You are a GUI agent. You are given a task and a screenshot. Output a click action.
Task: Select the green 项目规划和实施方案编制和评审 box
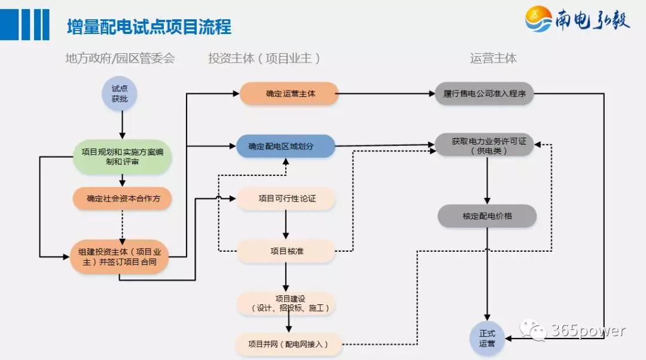(x=123, y=157)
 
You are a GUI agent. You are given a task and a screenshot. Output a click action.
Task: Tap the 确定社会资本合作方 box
(x=123, y=199)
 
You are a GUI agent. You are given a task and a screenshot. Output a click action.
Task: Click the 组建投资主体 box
(x=119, y=257)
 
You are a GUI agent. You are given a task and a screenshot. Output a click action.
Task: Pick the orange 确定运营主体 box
(x=290, y=94)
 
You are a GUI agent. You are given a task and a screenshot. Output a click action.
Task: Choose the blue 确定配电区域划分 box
(x=285, y=146)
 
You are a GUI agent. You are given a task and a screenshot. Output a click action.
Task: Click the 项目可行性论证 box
(x=286, y=199)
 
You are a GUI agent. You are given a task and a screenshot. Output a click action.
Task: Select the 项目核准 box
(x=286, y=251)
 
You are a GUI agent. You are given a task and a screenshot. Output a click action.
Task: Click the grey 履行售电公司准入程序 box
(x=484, y=94)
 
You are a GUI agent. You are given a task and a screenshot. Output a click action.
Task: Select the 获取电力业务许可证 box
(x=484, y=145)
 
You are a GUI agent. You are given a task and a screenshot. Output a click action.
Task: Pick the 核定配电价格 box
(x=487, y=216)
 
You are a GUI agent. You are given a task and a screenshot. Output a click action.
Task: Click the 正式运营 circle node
(x=487, y=338)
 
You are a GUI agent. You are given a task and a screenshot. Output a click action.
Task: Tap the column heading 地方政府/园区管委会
(x=120, y=58)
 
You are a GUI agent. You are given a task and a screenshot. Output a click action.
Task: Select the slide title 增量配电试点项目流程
(x=149, y=27)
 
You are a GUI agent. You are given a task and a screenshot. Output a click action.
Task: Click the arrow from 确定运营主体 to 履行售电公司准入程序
(x=386, y=94)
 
